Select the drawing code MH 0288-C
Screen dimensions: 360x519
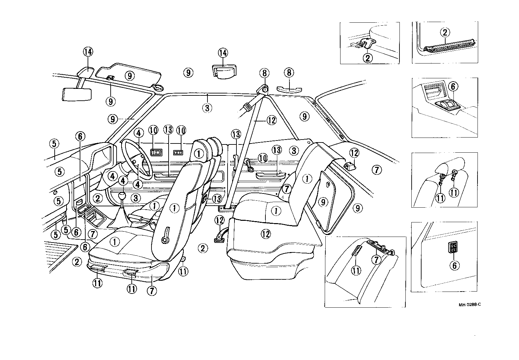(x=470, y=304)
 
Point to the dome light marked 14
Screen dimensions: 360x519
(x=223, y=71)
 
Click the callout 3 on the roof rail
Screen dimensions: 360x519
(x=207, y=108)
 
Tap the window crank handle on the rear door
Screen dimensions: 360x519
(x=249, y=165)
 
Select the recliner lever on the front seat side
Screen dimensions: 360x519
(x=166, y=235)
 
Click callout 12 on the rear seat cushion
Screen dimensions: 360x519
(x=266, y=234)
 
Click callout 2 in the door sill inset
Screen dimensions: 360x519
(x=445, y=33)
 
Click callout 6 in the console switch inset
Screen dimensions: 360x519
(x=453, y=87)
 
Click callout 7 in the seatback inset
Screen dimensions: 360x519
(x=376, y=260)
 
